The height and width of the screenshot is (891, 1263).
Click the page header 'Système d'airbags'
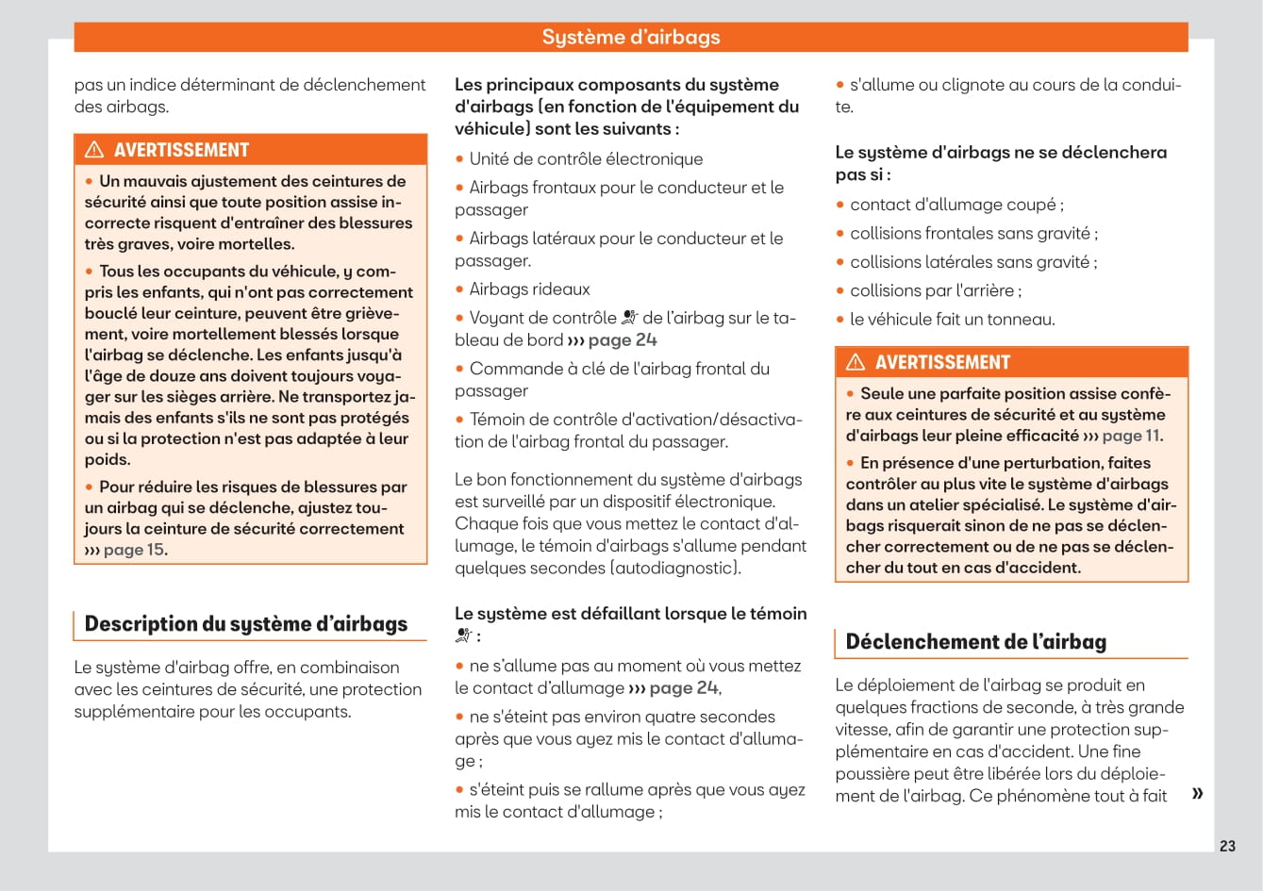tap(631, 37)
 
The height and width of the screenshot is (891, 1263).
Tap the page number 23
tap(1227, 846)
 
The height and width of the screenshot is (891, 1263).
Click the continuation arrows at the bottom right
tap(1197, 793)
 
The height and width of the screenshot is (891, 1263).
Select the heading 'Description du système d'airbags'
tap(246, 623)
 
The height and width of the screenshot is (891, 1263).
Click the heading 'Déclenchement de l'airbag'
tap(975, 641)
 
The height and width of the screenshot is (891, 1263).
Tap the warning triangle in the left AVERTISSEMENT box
tap(94, 150)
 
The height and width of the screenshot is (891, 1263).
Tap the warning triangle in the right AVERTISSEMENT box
tap(856, 362)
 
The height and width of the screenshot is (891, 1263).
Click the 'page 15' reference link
tap(133, 550)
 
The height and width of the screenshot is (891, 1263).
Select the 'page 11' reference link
tap(1130, 436)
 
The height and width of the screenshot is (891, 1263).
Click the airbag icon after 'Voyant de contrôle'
tap(630, 318)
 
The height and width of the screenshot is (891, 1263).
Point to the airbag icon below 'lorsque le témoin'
tap(463, 635)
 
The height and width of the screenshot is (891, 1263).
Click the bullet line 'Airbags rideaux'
tap(529, 289)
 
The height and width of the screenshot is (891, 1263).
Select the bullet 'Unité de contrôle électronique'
tap(586, 159)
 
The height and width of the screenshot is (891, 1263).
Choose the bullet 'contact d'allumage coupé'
tap(956, 205)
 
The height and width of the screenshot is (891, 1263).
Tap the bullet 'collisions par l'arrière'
tap(935, 290)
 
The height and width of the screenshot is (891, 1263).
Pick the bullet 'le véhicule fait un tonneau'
tap(952, 320)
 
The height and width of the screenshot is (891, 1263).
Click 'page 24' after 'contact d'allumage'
tap(684, 688)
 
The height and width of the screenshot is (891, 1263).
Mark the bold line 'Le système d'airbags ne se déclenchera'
tap(1001, 152)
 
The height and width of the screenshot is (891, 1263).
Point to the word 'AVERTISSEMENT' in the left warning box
tap(181, 150)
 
